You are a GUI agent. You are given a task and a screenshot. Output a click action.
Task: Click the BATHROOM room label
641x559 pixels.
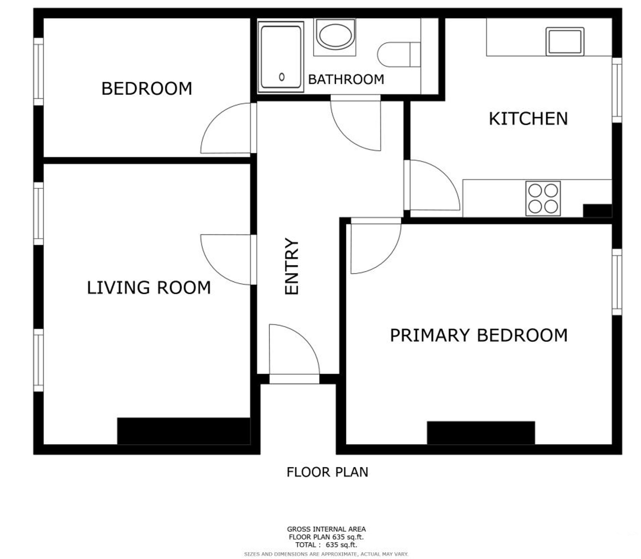pos(346,79)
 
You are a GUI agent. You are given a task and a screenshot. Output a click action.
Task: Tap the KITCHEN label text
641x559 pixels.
pos(528,119)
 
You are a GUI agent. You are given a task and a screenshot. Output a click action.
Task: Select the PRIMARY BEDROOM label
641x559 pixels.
pos(479,335)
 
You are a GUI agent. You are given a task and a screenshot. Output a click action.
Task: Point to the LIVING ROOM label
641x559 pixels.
pos(149,288)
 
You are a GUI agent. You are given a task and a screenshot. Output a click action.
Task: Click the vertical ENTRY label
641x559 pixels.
pos(292,266)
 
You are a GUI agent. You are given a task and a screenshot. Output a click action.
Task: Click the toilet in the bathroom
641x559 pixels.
pos(399,54)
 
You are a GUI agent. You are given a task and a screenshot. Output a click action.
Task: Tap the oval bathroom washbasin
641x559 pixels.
pos(336,35)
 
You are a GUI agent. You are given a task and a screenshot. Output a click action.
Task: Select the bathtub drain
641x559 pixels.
pos(282,77)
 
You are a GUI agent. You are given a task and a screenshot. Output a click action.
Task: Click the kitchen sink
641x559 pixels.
pos(565,41)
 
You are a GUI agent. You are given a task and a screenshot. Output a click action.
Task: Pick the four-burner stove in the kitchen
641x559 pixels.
pos(543,199)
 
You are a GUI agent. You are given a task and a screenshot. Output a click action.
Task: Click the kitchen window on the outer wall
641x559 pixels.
pos(617,90)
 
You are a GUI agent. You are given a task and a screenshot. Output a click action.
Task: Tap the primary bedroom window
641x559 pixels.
pos(617,282)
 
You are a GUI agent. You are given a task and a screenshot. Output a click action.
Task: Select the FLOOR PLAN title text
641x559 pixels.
pos(327,472)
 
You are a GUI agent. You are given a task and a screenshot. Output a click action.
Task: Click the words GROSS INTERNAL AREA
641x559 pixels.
pos(326,529)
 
